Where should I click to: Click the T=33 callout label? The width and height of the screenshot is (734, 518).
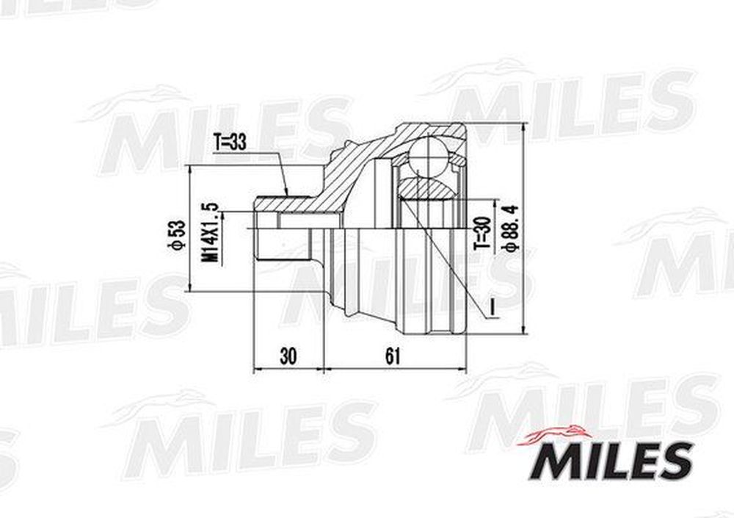(229, 142)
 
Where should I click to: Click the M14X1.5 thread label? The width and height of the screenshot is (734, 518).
(210, 232)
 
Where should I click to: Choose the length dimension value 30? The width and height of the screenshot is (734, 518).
(288, 357)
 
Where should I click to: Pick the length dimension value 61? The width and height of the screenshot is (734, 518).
(393, 357)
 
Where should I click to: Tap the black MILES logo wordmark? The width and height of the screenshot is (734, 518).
(611, 461)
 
